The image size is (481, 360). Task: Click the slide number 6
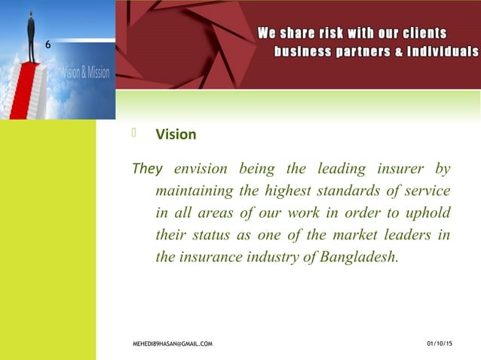coord(49,47)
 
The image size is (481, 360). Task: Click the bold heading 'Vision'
coord(176,136)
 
